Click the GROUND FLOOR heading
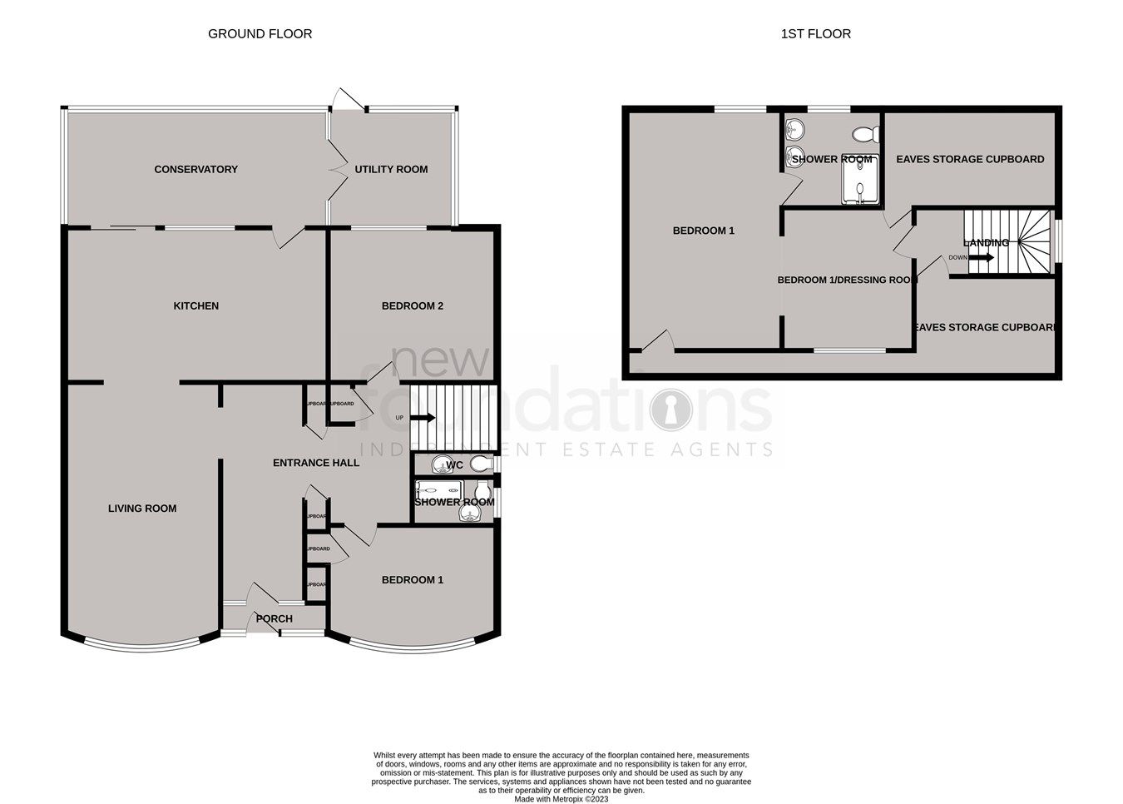click(x=260, y=34)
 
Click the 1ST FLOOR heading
click(x=815, y=34)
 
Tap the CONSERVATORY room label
click(x=195, y=170)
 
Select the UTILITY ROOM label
click(x=391, y=170)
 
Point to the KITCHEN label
click(x=195, y=306)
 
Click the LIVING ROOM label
click(x=142, y=509)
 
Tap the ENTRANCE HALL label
click(x=316, y=463)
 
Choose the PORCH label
click(x=274, y=618)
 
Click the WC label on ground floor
click(x=455, y=465)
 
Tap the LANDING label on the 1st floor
click(x=986, y=243)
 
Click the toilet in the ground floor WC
click(x=480, y=463)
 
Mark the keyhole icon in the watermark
click(x=670, y=409)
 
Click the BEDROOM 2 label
click(x=412, y=306)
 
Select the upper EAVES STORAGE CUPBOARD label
click(x=969, y=160)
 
